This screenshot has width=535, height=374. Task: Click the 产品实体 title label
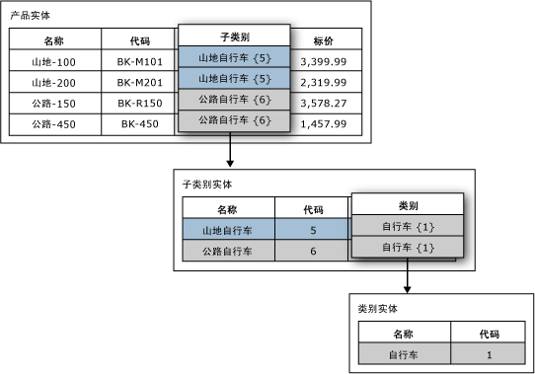pos(31,17)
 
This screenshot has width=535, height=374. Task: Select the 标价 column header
pos(323,40)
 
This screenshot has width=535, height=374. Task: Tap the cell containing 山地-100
pos(54,61)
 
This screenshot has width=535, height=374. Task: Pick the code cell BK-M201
pos(139,82)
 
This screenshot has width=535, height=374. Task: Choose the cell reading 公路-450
pos(54,124)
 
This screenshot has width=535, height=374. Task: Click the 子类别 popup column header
pos(233,37)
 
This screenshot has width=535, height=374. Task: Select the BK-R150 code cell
pos(139,103)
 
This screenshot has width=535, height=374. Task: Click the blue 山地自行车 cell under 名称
pos(227,230)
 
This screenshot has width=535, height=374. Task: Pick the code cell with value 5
pos(313,230)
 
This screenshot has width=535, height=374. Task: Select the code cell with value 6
pos(313,252)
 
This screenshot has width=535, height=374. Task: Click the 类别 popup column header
pos(408,205)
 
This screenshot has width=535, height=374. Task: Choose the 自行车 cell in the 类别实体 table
pos(405,353)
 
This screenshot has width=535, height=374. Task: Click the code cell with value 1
pos(488,353)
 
